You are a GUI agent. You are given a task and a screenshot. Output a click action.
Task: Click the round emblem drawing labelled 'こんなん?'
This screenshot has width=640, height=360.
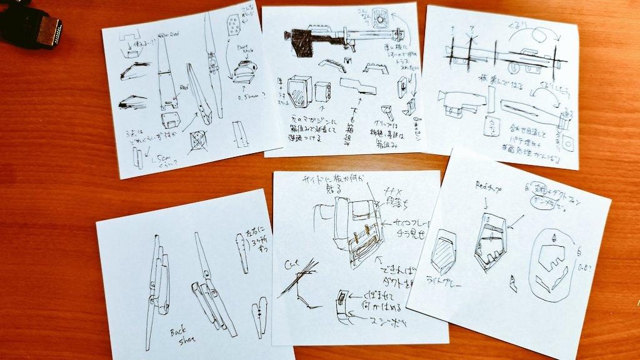tap(380, 19)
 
